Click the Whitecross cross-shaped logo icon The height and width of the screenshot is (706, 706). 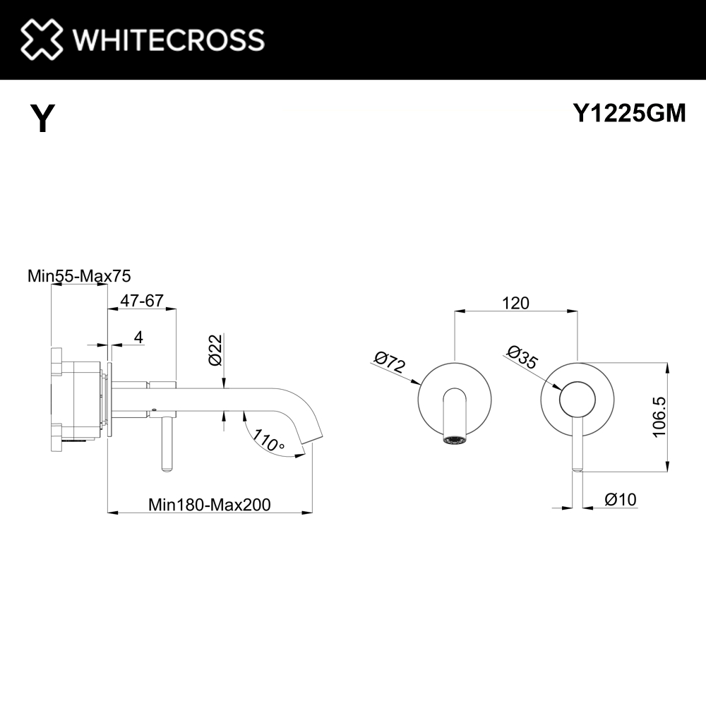[x=42, y=39]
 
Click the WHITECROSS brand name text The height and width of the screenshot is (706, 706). [x=169, y=40]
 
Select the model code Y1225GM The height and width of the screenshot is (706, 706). [x=629, y=112]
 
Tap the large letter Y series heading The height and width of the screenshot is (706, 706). [x=42, y=118]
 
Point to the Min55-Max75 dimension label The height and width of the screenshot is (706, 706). [x=79, y=275]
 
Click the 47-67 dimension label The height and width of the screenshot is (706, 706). [x=142, y=300]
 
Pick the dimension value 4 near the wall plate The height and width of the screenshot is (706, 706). [x=138, y=337]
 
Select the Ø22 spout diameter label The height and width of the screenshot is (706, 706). [x=215, y=349]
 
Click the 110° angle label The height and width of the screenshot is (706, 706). [x=268, y=441]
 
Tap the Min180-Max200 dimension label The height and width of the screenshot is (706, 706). [x=210, y=505]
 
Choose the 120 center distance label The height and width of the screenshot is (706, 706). [x=515, y=303]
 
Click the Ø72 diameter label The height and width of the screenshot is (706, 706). [x=390, y=362]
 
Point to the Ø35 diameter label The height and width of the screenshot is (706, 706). [x=522, y=357]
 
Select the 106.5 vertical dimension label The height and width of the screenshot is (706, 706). [x=659, y=417]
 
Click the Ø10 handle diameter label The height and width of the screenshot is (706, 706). [x=621, y=499]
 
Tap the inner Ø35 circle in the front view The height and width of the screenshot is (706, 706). [x=578, y=400]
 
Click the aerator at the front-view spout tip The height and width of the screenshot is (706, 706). [x=455, y=441]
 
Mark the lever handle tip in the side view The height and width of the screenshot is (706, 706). [x=167, y=469]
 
